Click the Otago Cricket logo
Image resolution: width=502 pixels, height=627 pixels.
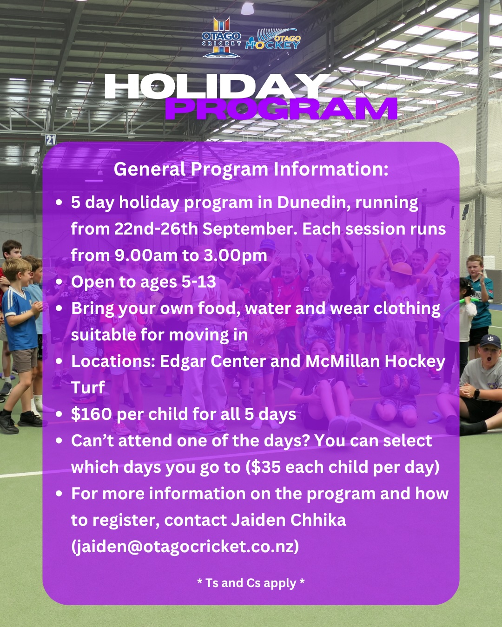pos(221,37)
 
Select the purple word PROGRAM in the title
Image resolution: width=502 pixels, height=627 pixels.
pos(281,109)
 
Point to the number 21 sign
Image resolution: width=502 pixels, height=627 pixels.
pos(51,140)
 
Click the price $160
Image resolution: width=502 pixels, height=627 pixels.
pos(91,414)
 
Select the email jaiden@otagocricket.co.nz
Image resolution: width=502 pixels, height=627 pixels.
pos(185,546)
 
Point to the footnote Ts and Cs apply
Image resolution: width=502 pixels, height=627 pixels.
pos(251,583)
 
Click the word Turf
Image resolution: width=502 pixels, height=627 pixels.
pos(88,387)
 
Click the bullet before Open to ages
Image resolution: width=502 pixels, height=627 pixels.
pos(59,282)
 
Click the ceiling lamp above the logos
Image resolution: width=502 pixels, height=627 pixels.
pos(247,8)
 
